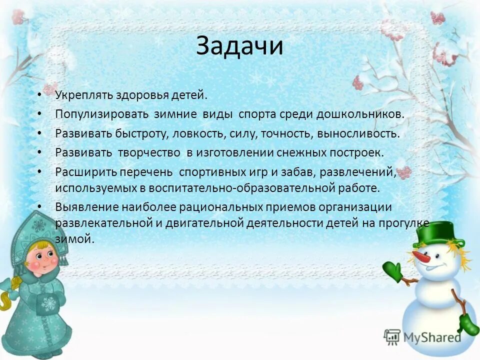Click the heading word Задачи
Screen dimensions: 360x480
point(239,45)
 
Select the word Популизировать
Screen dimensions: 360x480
point(102,114)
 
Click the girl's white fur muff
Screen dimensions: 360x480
point(50,304)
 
